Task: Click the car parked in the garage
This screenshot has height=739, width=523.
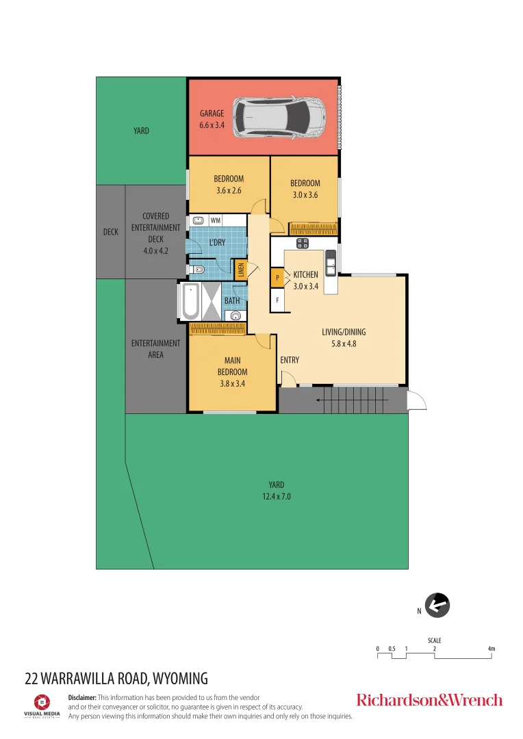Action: (x=280, y=116)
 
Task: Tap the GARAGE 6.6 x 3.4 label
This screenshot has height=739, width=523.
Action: (x=212, y=119)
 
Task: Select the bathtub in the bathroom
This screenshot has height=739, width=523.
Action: (x=190, y=302)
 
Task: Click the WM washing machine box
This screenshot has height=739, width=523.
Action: (x=216, y=220)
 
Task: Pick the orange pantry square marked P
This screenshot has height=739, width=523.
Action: (x=277, y=278)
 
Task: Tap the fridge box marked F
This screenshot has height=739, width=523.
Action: (x=277, y=299)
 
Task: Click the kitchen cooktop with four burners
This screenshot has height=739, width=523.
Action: (x=302, y=244)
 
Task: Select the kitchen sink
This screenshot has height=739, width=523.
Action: (x=331, y=261)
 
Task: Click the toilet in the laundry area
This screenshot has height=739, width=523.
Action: (x=197, y=270)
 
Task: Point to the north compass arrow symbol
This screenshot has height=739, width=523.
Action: (x=437, y=605)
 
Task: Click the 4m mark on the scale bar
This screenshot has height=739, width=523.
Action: (x=492, y=649)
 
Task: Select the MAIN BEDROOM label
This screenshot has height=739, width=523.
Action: (x=233, y=372)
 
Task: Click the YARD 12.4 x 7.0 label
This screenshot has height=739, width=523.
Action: (x=276, y=491)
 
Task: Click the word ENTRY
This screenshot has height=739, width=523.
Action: (x=290, y=360)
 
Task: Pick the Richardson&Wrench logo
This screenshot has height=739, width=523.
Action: (x=429, y=699)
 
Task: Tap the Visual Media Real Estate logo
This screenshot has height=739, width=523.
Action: (x=42, y=705)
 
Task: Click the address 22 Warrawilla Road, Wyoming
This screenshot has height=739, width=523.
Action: (x=116, y=679)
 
